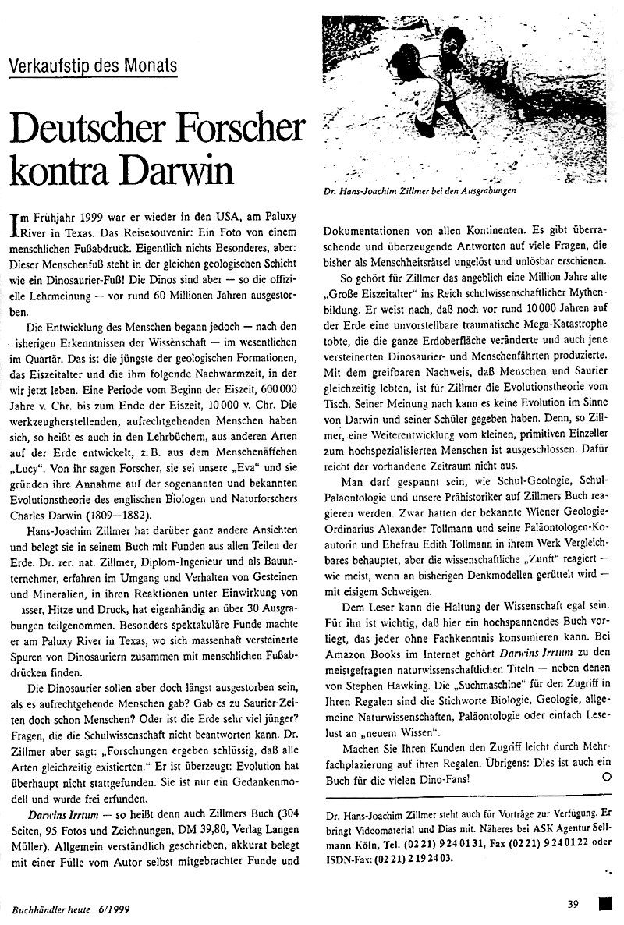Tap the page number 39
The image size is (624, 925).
[x=573, y=905]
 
